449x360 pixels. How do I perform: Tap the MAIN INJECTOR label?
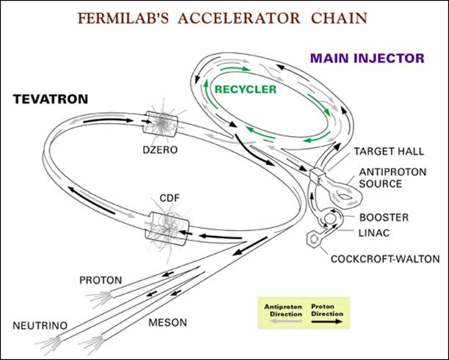click(x=368, y=58)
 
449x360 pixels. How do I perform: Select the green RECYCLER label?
click(x=245, y=89)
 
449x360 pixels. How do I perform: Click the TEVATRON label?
click(x=51, y=99)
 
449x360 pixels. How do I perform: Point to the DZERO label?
click(x=161, y=150)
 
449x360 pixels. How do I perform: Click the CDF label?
click(x=169, y=198)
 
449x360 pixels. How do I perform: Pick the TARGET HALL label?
click(x=389, y=151)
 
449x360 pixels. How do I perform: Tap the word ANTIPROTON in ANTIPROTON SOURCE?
click(x=393, y=172)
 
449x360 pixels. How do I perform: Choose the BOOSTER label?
click(x=384, y=218)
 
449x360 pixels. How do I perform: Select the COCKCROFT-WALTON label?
click(x=385, y=259)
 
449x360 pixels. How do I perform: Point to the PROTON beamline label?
click(x=101, y=280)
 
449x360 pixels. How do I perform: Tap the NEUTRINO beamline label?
click(x=40, y=326)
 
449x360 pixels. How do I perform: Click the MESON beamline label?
click(x=167, y=323)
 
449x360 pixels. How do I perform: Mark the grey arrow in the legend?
click(x=286, y=321)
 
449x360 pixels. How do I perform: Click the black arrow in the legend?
click(x=327, y=321)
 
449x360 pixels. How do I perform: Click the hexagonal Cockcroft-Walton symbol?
click(x=313, y=239)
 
